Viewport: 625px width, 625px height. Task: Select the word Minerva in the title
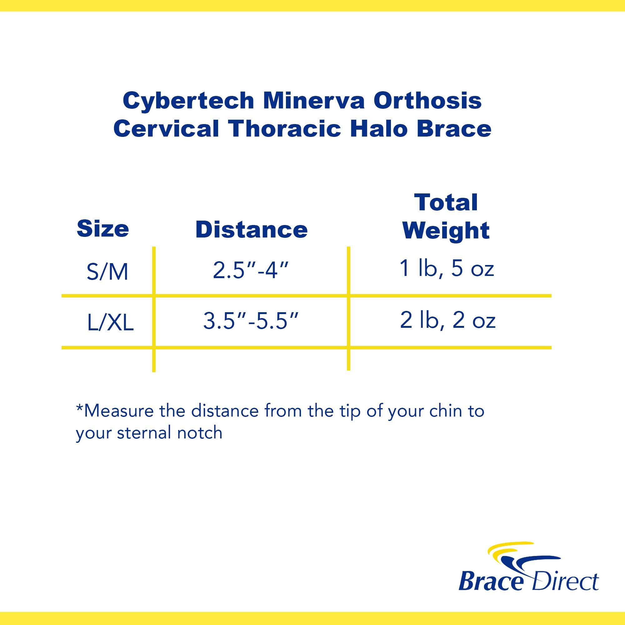coord(313,101)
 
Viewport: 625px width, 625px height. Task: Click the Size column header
coord(102,229)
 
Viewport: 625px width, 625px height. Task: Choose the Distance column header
coord(251,230)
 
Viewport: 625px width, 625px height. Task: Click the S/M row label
coord(107,272)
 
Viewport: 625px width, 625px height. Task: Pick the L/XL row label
coord(110,323)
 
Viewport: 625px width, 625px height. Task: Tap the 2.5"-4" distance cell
coord(250,270)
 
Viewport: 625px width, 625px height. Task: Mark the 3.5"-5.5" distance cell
coord(250,321)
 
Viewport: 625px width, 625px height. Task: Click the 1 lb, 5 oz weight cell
coord(447,269)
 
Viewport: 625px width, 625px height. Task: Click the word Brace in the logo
coord(490,582)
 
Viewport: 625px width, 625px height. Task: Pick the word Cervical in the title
coord(166,128)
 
